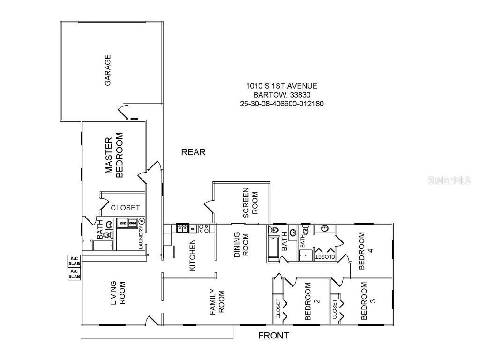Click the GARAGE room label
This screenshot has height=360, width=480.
point(108,70)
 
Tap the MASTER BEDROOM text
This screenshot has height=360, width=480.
point(113,157)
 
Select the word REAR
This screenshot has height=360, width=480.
point(193,152)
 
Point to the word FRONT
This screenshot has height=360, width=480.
point(274,336)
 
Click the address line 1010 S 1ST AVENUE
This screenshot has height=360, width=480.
point(282,86)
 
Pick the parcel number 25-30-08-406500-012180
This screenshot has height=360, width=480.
point(282,103)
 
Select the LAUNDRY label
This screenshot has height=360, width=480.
point(141,238)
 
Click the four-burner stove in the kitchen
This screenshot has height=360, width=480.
point(204,229)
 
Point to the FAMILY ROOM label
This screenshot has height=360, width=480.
point(217,301)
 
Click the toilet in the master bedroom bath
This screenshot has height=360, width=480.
point(107,234)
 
